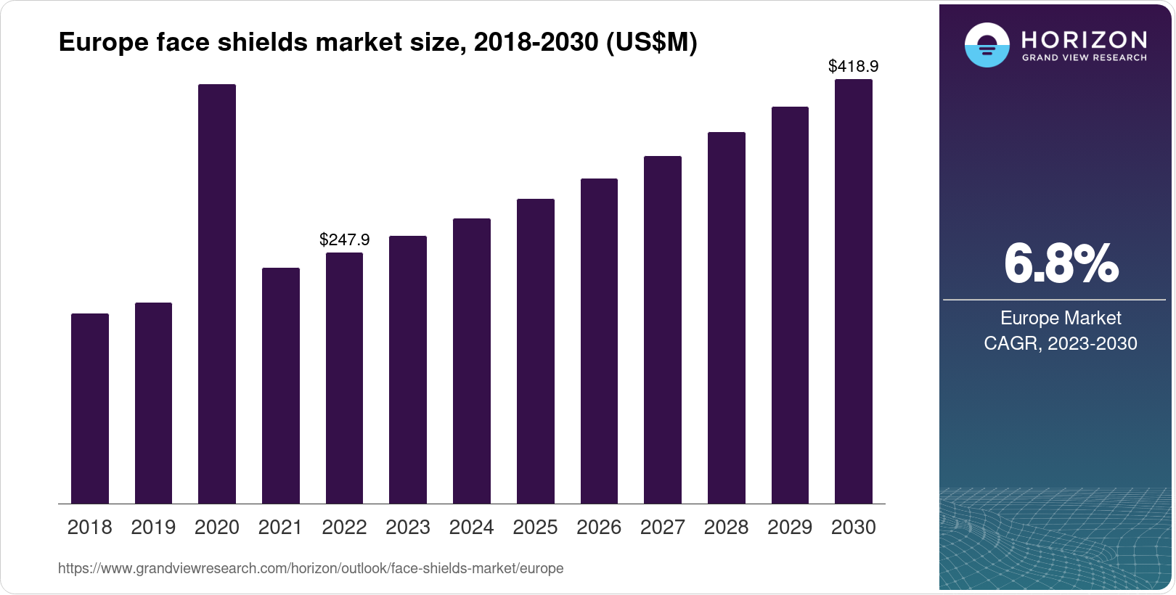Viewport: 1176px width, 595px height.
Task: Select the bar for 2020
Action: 216,294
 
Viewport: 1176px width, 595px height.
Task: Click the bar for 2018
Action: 89,409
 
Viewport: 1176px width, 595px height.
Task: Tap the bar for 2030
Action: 853,292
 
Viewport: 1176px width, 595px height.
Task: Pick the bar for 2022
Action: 344,378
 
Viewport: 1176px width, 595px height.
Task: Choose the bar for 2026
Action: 599,341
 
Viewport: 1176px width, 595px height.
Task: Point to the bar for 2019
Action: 153,403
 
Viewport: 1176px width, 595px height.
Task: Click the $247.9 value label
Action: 344,239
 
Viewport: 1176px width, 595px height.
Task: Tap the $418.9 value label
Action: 853,67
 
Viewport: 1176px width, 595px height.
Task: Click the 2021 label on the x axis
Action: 280,528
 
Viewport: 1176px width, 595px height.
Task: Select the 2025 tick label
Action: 535,528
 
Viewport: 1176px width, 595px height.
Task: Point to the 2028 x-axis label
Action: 726,528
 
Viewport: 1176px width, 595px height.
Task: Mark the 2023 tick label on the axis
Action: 407,528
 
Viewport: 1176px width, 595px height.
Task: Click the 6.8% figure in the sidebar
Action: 1061,264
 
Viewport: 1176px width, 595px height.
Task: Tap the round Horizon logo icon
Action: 987,45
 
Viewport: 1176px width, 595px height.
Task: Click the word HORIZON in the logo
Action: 1085,39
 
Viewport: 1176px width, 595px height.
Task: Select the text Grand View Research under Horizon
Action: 1085,57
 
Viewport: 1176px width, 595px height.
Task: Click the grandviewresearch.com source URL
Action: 311,568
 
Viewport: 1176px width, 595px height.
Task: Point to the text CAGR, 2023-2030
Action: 1060,343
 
